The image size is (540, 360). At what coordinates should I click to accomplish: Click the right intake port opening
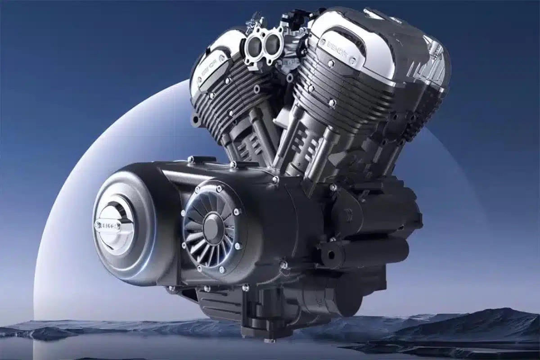[x=272, y=43]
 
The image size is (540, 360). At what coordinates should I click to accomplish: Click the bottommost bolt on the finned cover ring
[x=221, y=270]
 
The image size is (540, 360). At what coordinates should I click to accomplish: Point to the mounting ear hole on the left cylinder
[x=195, y=121]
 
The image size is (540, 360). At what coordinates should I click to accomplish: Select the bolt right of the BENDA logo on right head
[x=354, y=59]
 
